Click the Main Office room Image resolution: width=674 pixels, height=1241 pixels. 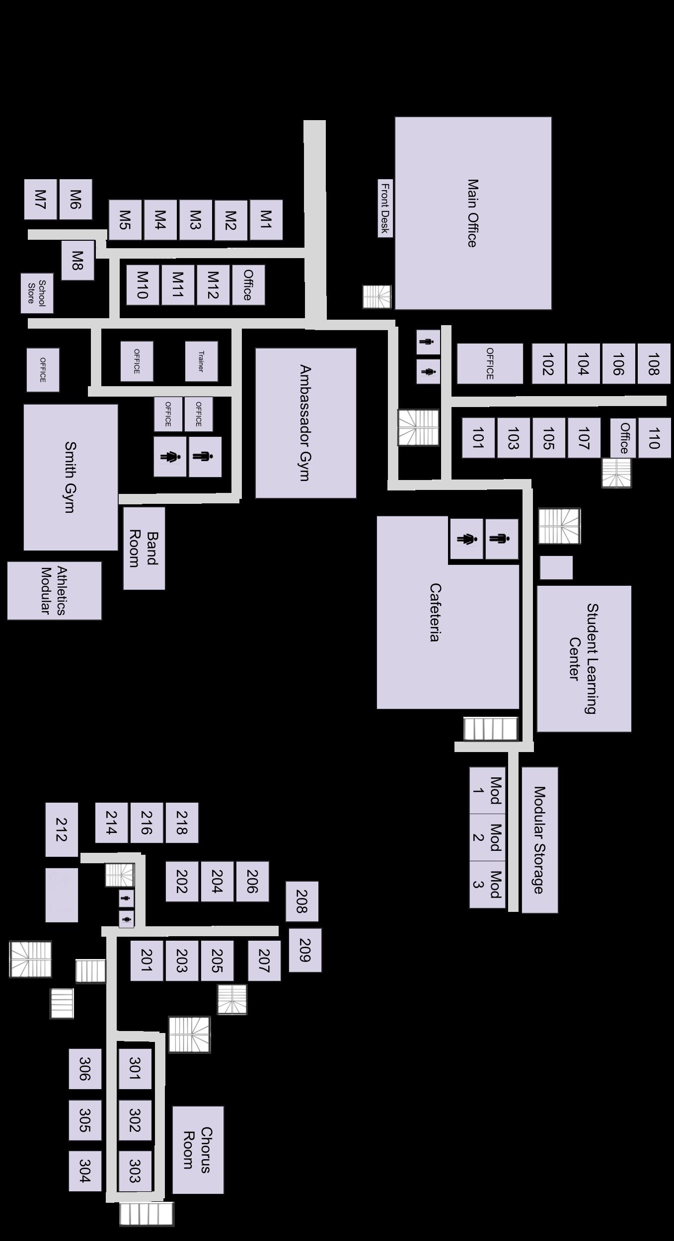coord(473,213)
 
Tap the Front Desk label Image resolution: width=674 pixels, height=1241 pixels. coord(385,208)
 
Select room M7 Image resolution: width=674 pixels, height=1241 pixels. coord(40,199)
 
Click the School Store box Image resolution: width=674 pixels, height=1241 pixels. coord(37,293)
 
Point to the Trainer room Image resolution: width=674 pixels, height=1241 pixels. coord(201,361)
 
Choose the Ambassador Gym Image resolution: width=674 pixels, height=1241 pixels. coord(305,422)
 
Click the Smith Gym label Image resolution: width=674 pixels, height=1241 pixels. coord(71,477)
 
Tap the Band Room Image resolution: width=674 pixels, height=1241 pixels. coord(144,548)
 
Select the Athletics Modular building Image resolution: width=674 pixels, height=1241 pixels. coord(54,590)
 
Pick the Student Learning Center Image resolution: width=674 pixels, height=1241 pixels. coord(584,658)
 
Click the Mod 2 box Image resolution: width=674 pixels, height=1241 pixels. coord(487,837)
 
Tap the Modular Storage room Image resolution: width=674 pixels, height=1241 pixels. coord(539,839)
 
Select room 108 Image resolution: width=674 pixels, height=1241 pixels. coord(654,363)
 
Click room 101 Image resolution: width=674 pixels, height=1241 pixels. coord(478,437)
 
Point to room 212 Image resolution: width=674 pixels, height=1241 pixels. coord(62,829)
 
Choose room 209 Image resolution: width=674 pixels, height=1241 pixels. coord(305,950)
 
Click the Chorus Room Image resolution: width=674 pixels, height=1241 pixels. coord(198,1149)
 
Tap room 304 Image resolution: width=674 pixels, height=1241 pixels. coord(85,1171)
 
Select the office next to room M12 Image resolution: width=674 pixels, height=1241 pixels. coord(248,284)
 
